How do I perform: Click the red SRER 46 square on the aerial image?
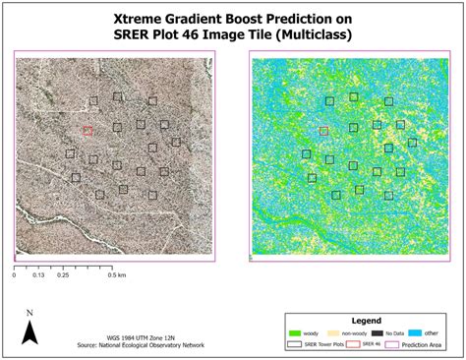87,130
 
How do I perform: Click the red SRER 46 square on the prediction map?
323,130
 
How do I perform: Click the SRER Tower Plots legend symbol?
294,343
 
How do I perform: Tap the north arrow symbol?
29,334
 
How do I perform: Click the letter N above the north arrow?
29,314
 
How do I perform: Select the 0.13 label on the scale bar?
38,275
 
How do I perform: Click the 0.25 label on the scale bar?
63,275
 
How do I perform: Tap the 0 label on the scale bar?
15,275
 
